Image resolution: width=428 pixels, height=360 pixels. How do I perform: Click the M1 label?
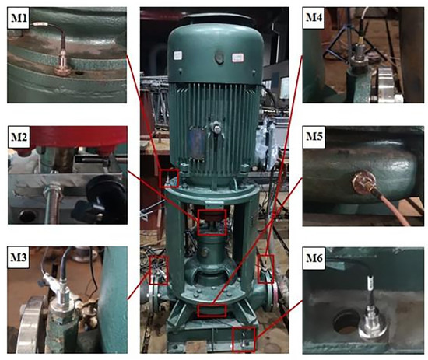tap(19, 18)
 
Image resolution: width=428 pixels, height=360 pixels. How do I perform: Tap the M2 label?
tap(19, 137)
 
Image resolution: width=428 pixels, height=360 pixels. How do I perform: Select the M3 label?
tap(18, 257)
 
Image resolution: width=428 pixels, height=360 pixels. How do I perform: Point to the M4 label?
tap(314, 18)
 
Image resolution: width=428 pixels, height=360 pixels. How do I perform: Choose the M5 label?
tap(314, 137)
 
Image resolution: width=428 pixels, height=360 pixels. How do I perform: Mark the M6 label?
tap(314, 258)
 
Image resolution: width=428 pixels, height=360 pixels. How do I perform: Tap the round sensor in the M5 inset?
tap(363, 182)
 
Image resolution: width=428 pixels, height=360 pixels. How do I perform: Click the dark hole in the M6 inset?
tap(346, 323)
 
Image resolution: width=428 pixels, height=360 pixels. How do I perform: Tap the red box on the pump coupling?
tap(212, 222)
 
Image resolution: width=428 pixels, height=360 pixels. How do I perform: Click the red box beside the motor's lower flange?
tap(169, 178)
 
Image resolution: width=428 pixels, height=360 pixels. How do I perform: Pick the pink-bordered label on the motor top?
tap(237, 58)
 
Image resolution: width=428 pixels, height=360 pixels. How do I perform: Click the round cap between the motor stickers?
tap(219, 58)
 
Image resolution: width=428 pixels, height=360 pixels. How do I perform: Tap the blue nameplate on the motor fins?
tap(198, 142)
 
